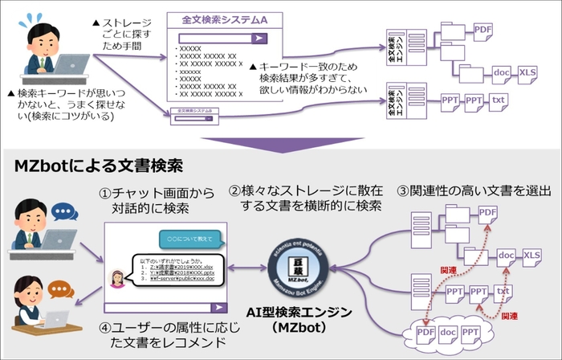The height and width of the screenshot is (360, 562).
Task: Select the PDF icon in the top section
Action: pos(483,31)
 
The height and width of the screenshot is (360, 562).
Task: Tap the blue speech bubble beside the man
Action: pos(63,211)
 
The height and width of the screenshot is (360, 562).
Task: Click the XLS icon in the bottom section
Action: pos(531,256)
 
